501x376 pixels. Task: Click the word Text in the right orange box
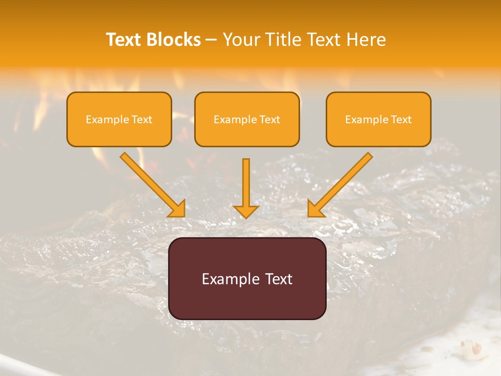point(401,120)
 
